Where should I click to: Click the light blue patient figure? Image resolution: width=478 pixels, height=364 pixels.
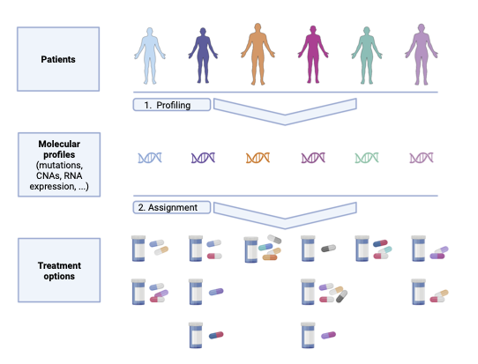(x=150, y=56)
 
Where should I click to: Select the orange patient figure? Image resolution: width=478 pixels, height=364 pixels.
(x=258, y=55)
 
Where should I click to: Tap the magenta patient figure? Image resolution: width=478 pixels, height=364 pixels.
(x=313, y=55)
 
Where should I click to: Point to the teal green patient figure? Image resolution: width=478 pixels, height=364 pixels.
(x=367, y=56)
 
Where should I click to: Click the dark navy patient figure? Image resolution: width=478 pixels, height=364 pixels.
(x=203, y=56)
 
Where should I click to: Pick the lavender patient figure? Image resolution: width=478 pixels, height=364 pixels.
(x=422, y=55)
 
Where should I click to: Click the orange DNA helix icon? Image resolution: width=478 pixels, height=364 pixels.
(x=258, y=158)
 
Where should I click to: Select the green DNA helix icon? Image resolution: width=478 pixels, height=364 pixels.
(x=367, y=158)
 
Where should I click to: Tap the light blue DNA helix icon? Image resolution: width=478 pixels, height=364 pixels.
(x=150, y=158)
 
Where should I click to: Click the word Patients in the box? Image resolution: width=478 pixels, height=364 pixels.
(x=58, y=59)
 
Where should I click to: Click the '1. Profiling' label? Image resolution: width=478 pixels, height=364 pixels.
(x=168, y=105)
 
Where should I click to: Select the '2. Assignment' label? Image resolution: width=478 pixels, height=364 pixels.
(x=168, y=207)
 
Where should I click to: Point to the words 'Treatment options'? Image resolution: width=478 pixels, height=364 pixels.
(x=59, y=271)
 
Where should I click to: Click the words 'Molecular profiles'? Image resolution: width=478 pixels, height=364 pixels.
(x=59, y=149)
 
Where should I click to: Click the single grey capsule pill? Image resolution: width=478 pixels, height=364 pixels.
(x=328, y=249)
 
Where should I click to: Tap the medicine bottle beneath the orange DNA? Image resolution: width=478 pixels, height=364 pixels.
(x=251, y=249)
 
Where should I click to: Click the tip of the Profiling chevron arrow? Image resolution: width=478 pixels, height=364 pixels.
(x=285, y=125)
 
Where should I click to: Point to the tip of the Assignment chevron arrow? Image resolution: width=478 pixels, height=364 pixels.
(x=285, y=228)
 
